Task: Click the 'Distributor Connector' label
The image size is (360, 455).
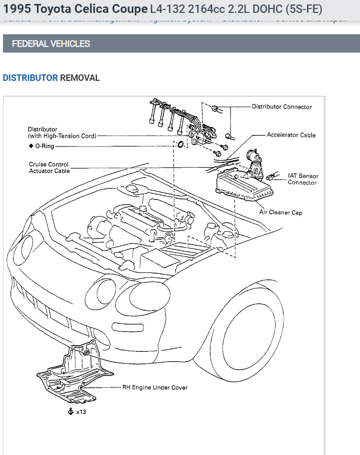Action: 282,107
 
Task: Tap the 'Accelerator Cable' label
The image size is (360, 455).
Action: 291,135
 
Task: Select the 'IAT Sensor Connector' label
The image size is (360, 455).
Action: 303,179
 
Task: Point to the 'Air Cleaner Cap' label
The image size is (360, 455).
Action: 281,212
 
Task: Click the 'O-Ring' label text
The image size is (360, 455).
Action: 45,146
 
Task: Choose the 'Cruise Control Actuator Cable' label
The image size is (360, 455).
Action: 49,168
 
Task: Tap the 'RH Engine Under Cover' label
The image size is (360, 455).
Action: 155,388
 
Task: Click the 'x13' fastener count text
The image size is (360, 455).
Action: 81,412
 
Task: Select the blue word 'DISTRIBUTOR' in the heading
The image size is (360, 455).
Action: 30,78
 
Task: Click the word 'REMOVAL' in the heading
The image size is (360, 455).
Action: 80,78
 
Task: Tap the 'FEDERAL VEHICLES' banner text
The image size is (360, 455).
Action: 51,44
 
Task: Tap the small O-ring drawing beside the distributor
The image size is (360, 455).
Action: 181,145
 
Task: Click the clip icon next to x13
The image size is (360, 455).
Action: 71,411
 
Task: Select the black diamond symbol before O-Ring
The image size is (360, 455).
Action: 30,146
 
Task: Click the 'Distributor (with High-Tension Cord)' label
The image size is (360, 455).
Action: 62,132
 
